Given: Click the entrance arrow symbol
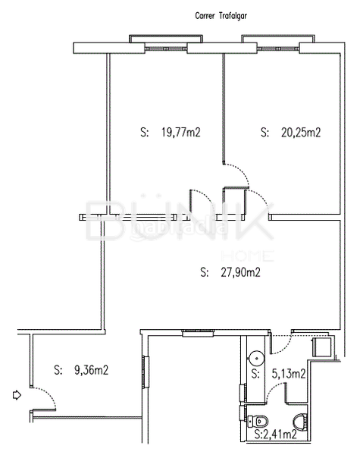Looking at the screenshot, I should tap(17, 394).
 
